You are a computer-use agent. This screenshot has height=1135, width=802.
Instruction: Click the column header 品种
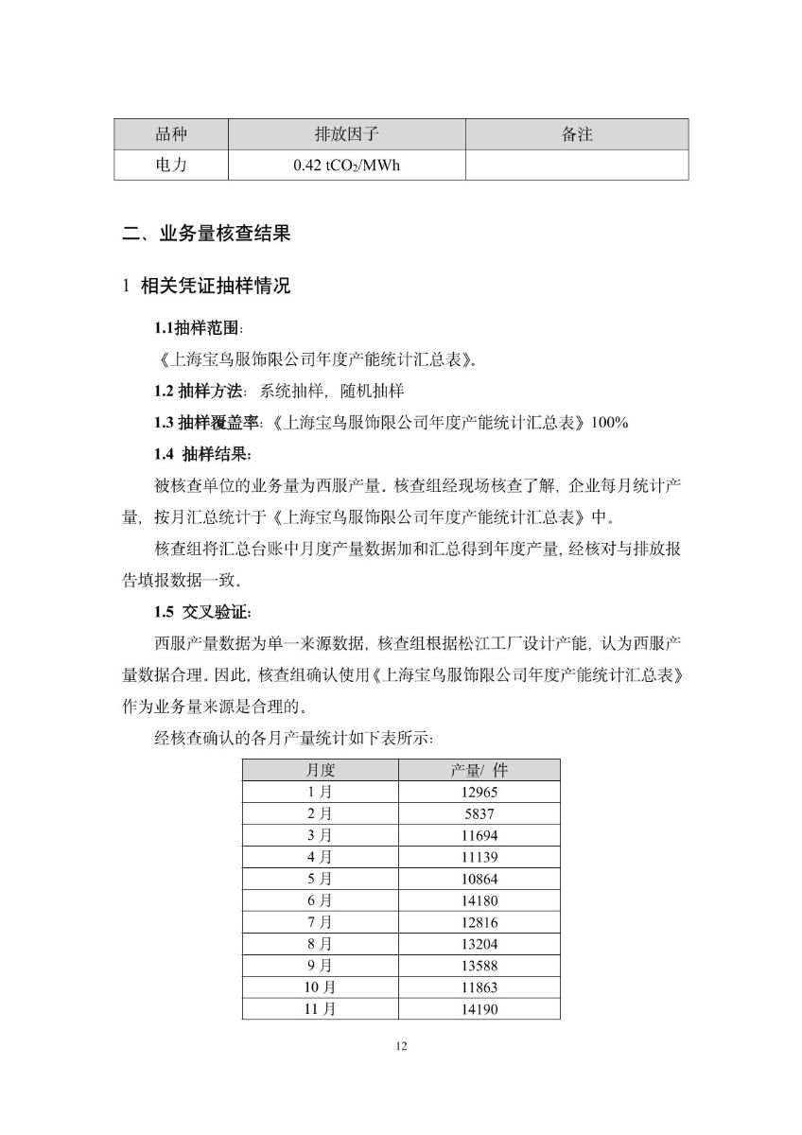[x=171, y=134]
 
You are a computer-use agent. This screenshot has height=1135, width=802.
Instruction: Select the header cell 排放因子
[x=346, y=134]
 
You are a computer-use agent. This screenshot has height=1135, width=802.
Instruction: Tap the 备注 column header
[x=577, y=134]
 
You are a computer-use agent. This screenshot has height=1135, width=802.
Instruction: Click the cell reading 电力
[x=171, y=165]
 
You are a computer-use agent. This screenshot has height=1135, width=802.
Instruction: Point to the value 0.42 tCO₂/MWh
[x=346, y=166]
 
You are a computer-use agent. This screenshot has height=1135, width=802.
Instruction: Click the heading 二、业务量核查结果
[x=206, y=234]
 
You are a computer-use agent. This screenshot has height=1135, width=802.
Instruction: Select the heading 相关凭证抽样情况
[x=215, y=286]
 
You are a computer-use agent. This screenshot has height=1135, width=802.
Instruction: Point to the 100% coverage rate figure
[x=609, y=423]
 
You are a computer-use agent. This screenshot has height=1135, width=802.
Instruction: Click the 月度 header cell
[x=321, y=770]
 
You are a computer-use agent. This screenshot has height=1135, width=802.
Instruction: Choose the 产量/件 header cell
[x=480, y=770]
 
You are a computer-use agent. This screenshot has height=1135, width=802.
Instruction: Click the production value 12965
[x=480, y=792]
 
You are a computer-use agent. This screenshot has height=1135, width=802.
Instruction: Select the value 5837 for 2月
[x=480, y=813]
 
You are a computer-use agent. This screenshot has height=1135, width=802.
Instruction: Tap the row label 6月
[x=321, y=900]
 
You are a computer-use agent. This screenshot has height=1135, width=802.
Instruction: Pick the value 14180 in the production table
[x=480, y=900]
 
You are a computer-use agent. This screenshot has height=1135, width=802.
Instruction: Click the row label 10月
[x=321, y=987]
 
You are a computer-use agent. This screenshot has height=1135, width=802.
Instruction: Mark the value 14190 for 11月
[x=480, y=1009]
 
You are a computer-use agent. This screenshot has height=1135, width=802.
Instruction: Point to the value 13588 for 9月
[x=480, y=966]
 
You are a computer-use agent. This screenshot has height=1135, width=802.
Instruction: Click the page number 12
[x=401, y=1045]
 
